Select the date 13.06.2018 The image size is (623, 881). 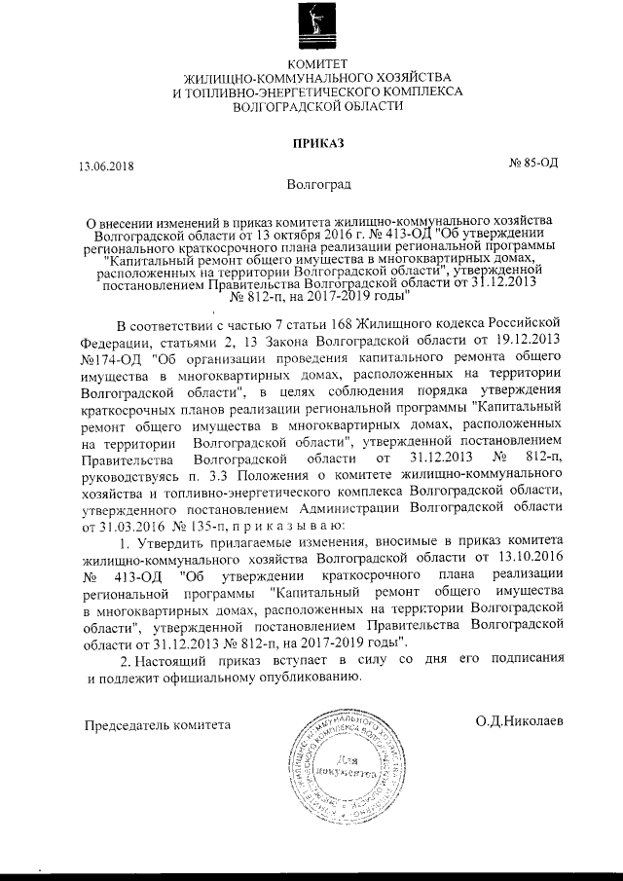107,165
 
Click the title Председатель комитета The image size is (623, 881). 158,724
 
